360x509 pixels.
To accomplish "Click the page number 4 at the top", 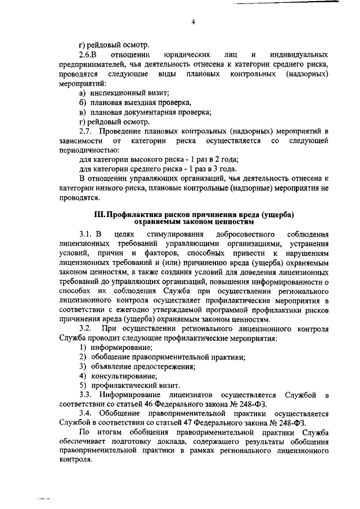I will pos(192,22).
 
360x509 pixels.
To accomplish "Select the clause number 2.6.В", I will pos(89,55).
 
